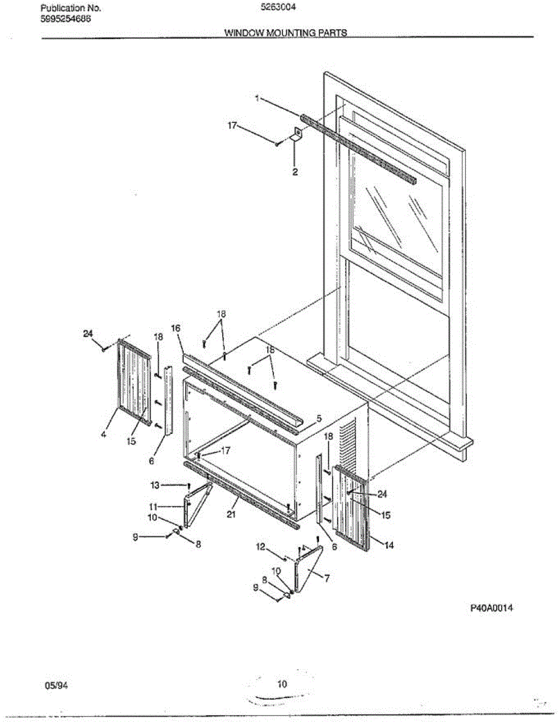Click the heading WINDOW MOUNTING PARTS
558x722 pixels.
click(x=286, y=32)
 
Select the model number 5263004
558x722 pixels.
click(x=278, y=7)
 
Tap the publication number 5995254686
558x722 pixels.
click(x=66, y=19)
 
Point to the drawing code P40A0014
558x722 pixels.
click(x=492, y=608)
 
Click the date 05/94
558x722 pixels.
click(x=56, y=685)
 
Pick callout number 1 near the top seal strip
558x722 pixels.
click(x=257, y=98)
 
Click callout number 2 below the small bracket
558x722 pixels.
click(x=295, y=172)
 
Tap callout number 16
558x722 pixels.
click(x=176, y=329)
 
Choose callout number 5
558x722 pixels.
click(x=319, y=418)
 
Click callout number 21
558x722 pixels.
click(x=231, y=514)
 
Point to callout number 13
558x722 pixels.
click(x=155, y=486)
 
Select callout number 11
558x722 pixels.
click(x=153, y=507)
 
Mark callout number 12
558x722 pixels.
click(x=261, y=546)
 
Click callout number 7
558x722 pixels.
click(x=327, y=578)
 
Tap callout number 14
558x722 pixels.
click(x=389, y=545)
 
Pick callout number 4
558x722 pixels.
click(x=104, y=434)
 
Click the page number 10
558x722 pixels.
click(x=282, y=683)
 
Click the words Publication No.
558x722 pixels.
click(x=70, y=8)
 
